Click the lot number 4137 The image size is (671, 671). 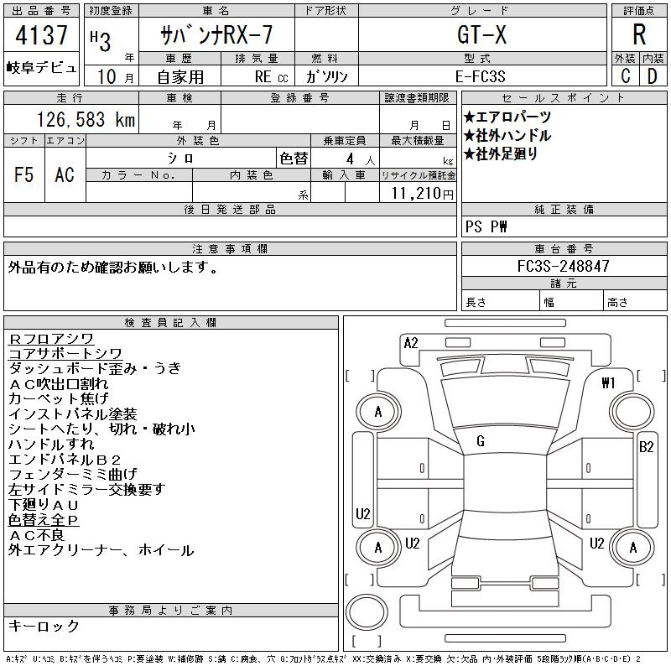[x=41, y=34]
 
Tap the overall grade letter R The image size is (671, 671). [x=639, y=34]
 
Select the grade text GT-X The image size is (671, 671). [x=481, y=34]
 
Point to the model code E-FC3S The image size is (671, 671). [x=480, y=76]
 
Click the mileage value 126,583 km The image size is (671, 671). [x=86, y=119]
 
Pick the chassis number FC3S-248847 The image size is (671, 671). [x=563, y=266]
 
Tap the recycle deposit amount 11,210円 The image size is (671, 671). [x=422, y=194]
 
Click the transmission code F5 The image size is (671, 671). [x=24, y=174]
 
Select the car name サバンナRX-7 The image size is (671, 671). [x=216, y=34]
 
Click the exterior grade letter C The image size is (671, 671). [x=626, y=76]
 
